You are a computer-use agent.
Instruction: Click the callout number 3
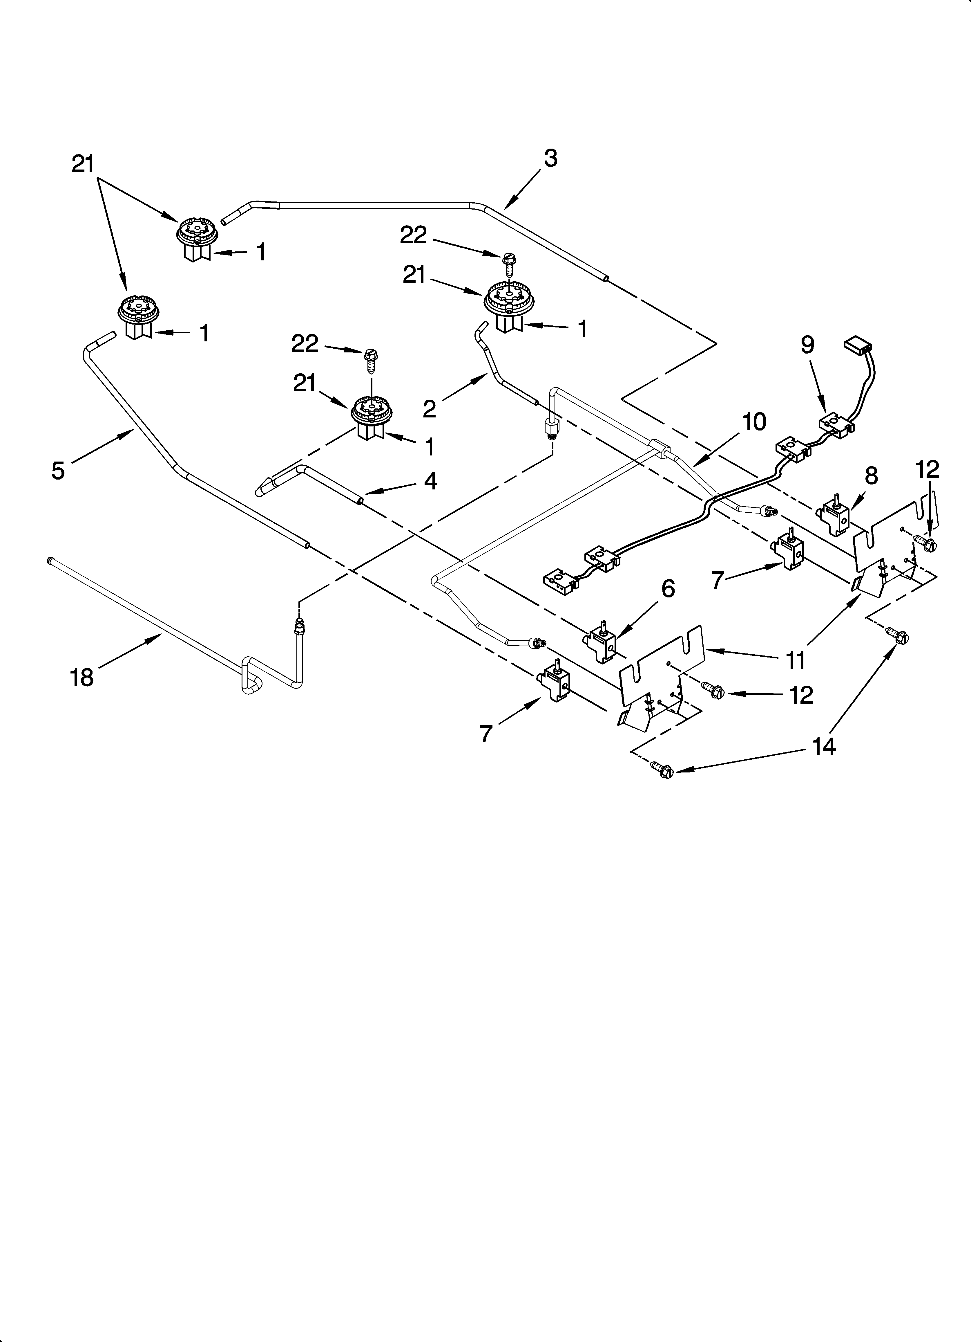click(x=550, y=158)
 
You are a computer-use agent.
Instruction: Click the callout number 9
click(x=808, y=345)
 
